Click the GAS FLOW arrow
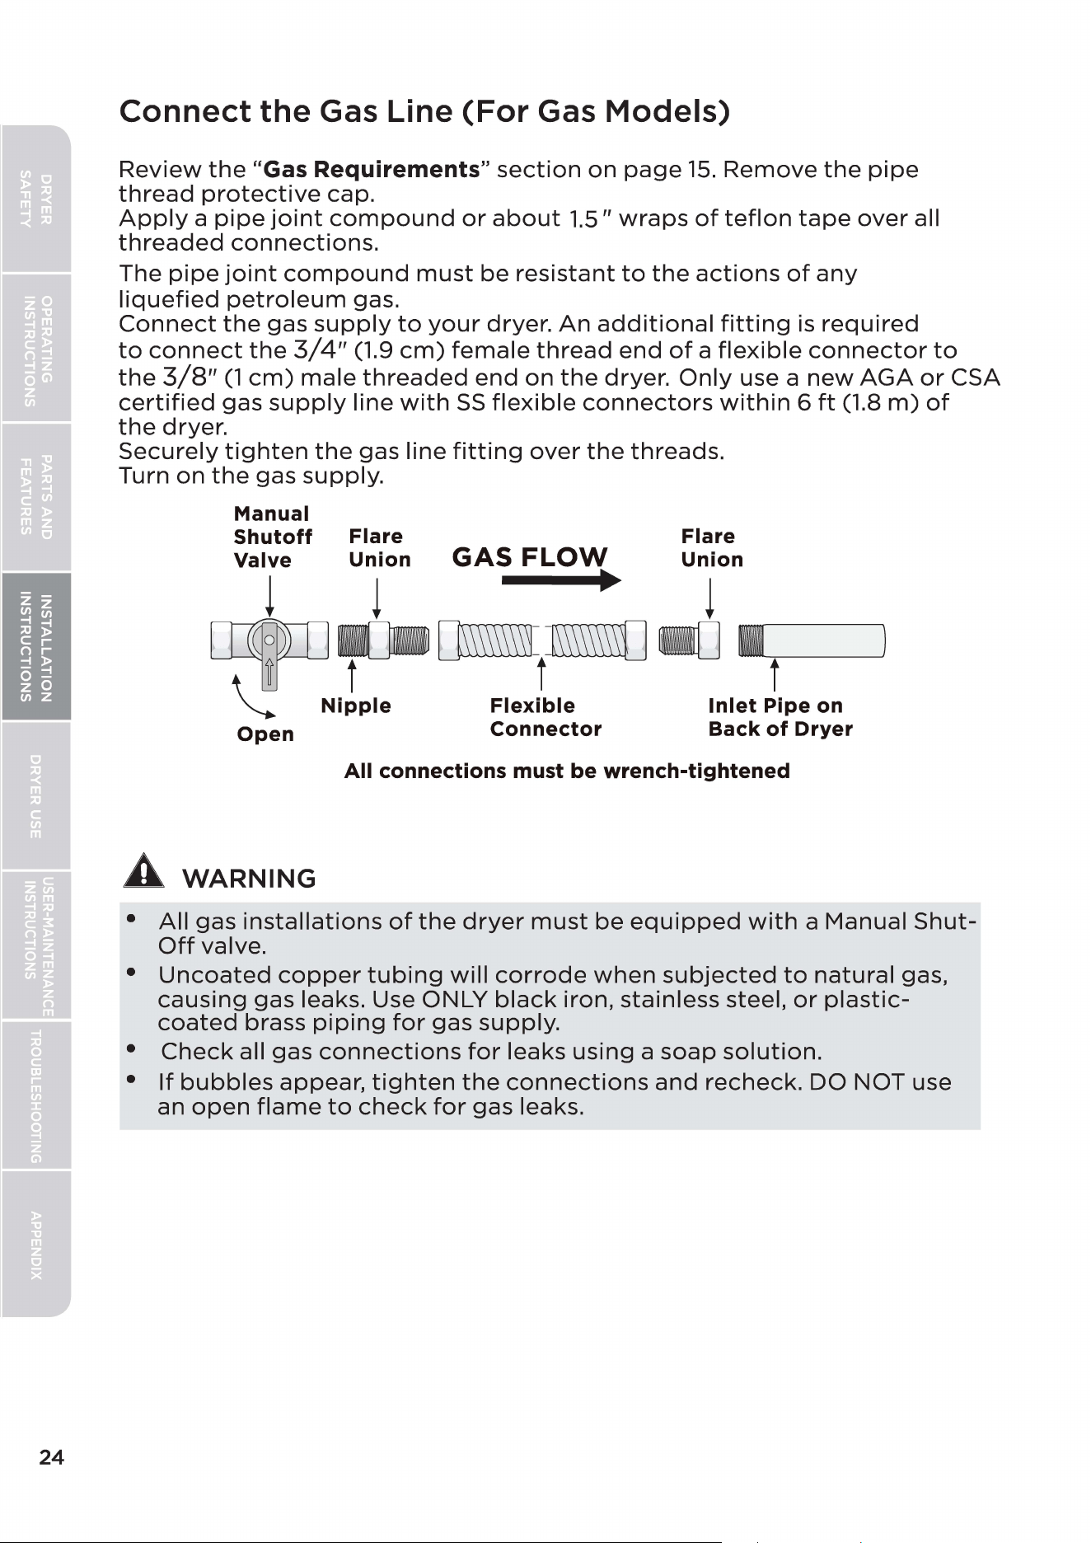coord(561,580)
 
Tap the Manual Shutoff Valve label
coord(273,537)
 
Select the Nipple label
coord(355,706)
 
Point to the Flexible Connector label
coord(545,717)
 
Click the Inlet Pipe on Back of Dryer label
coord(780,717)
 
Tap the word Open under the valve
coord(265,734)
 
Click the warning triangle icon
coord(143,870)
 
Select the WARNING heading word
coord(249,879)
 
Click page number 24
coord(51,1457)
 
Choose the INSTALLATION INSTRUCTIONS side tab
coord(36,647)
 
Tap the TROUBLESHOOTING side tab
coord(36,1095)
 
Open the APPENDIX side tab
coord(36,1245)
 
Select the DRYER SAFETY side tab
coord(36,199)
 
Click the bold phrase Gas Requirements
coord(371,170)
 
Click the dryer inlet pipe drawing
coord(812,641)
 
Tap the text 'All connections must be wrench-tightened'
coord(567,771)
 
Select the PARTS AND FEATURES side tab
coord(36,498)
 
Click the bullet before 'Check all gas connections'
coord(131,1049)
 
